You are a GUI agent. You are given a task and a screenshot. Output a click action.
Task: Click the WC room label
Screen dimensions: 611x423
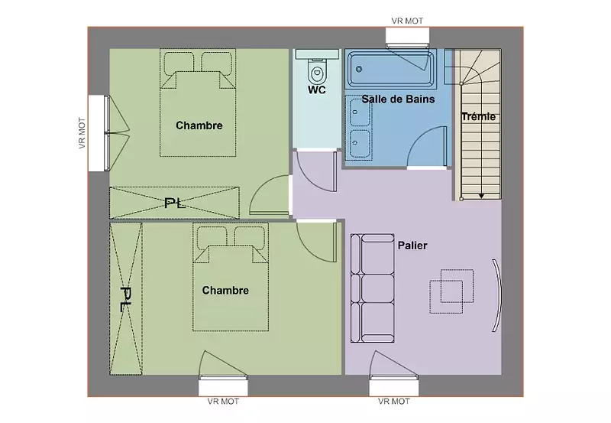pyautogui.click(x=317, y=89)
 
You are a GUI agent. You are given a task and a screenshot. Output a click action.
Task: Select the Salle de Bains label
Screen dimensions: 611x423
pyautogui.click(x=398, y=99)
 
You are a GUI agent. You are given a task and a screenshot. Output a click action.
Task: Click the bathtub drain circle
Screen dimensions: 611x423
pyautogui.click(x=359, y=69)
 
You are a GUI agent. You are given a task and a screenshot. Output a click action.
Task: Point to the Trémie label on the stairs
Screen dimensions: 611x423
pyautogui.click(x=479, y=116)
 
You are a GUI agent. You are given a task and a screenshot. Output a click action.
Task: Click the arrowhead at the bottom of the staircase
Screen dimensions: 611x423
pyautogui.click(x=481, y=196)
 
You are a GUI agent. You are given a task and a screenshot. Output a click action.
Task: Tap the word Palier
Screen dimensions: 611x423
pyautogui.click(x=412, y=246)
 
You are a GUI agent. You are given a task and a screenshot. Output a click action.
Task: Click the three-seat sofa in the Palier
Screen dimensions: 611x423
pyautogui.click(x=373, y=288)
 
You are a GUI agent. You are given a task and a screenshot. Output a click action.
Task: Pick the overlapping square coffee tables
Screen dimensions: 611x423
pyautogui.click(x=451, y=291)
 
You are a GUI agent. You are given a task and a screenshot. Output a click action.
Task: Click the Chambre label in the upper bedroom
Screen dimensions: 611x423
pyautogui.click(x=199, y=125)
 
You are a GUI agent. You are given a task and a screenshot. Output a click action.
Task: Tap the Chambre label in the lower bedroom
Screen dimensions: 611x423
pyautogui.click(x=225, y=291)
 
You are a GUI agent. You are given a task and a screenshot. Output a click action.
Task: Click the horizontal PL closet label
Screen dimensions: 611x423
pyautogui.click(x=175, y=203)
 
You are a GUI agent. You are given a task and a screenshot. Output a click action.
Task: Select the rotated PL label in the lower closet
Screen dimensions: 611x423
pyautogui.click(x=125, y=299)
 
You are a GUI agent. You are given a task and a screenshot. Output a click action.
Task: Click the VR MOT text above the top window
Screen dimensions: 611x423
pyautogui.click(x=407, y=21)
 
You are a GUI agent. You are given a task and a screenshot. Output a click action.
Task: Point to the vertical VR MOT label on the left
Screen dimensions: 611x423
pyautogui.click(x=82, y=133)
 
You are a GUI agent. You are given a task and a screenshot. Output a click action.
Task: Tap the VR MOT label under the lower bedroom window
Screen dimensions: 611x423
pyautogui.click(x=223, y=401)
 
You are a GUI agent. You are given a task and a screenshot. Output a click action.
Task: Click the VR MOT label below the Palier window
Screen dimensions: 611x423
pyautogui.click(x=393, y=401)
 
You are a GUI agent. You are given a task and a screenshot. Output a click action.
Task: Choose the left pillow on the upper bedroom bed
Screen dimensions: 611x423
pyautogui.click(x=179, y=62)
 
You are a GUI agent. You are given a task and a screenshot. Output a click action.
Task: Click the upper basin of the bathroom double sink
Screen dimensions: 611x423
pyautogui.click(x=359, y=112)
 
